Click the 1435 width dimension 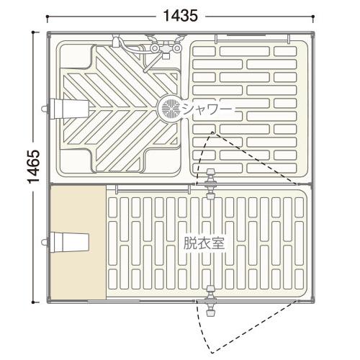[181, 16]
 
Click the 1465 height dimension [33, 166]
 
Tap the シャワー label [207, 110]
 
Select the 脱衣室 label [204, 243]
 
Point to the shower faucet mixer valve [166, 48]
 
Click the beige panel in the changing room [78, 243]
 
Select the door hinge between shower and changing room [210, 184]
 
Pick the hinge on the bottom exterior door [210, 301]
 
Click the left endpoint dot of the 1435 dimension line [48, 17]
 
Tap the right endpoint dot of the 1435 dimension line [313, 17]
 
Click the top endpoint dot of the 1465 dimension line [33, 32]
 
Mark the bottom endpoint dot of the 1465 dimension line [33, 302]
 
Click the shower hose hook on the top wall [116, 42]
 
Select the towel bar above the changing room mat [152, 189]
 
